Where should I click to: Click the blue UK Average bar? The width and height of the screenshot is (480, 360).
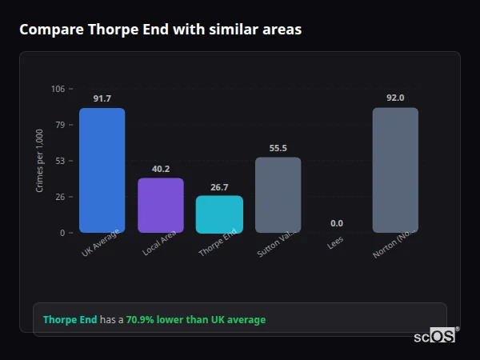tap(102, 170)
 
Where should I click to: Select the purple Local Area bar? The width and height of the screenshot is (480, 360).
tap(160, 205)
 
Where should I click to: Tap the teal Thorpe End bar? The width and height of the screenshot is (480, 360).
tap(219, 214)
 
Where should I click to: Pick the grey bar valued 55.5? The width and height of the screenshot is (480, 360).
tap(278, 194)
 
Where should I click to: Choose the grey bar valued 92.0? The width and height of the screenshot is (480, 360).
tap(395, 170)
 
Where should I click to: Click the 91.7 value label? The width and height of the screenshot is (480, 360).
tap(102, 98)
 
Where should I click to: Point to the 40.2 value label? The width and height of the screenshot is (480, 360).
tap(161, 169)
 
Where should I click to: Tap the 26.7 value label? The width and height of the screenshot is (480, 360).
tap(219, 187)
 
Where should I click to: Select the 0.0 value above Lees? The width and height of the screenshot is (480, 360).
tap(336, 223)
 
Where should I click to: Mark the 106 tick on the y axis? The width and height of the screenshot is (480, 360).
tap(58, 89)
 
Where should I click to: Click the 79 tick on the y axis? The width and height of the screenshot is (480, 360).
tap(61, 125)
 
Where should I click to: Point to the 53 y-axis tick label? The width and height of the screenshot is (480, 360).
tap(61, 161)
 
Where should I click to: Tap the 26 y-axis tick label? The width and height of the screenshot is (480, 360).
tap(61, 197)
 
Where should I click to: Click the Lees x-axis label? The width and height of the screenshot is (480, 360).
tap(335, 243)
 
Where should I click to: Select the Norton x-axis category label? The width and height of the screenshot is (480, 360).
tap(393, 246)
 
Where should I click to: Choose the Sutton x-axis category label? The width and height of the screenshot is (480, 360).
tap(275, 246)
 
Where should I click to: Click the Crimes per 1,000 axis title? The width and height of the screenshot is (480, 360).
tap(40, 161)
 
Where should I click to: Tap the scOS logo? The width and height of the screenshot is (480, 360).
tap(435, 336)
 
